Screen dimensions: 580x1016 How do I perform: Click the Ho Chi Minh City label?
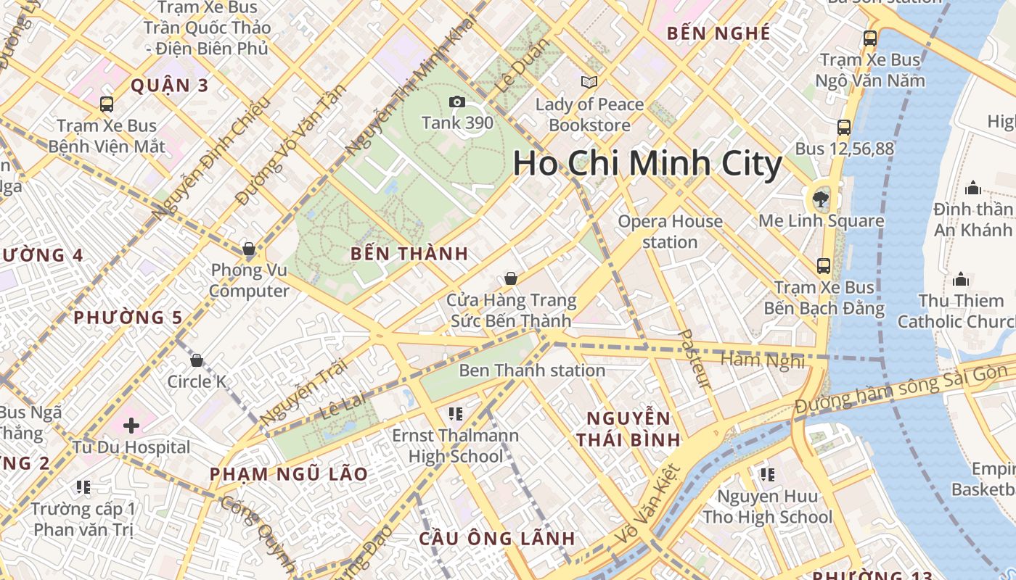(647, 164)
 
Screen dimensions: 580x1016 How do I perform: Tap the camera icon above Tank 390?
(457, 102)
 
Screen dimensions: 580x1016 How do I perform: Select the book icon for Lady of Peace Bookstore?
(589, 83)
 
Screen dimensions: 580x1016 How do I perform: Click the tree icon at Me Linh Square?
(821, 197)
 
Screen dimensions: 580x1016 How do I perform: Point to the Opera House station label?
(670, 231)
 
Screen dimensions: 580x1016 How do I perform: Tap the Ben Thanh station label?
(532, 370)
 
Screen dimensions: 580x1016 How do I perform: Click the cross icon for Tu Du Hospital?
(131, 425)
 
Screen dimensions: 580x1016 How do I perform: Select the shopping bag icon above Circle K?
(196, 360)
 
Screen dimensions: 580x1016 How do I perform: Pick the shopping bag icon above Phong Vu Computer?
(249, 249)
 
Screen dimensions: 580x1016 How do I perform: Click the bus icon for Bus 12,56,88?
(843, 128)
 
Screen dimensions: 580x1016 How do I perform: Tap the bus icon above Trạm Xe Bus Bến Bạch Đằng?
(824, 265)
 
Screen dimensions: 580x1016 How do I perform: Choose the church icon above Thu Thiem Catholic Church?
(961, 279)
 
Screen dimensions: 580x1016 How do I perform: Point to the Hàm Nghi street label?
(762, 360)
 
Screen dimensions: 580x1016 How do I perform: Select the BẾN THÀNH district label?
(409, 254)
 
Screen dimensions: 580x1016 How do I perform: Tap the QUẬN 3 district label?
(170, 86)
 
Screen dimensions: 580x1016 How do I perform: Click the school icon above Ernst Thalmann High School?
(456, 414)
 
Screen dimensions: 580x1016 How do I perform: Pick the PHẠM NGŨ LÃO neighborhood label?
(289, 474)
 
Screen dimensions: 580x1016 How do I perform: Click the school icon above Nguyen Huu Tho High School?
(767, 475)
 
